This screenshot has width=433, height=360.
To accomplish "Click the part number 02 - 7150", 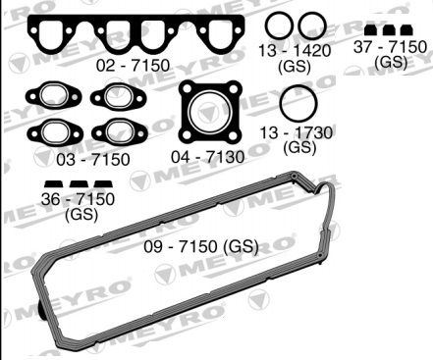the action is pos(133,65).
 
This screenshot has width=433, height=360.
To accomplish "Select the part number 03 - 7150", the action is pos(93,160).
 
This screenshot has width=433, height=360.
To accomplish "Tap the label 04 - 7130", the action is pos(208,157).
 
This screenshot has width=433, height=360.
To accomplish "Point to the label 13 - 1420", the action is pos(295,51).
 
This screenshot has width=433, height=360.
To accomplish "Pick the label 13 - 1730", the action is pos(297,133).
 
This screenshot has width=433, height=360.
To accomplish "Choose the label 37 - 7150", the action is pos(390,47).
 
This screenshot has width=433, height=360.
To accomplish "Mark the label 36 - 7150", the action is pos(78,199).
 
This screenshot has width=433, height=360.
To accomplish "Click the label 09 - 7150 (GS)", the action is pos(201,246).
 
